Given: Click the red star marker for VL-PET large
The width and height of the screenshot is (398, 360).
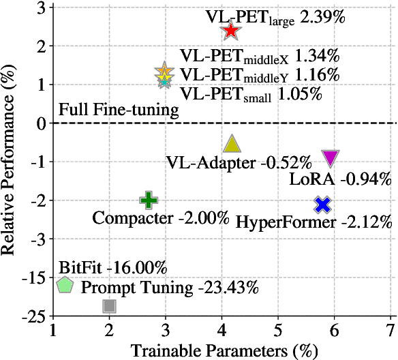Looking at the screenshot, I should pos(231,31).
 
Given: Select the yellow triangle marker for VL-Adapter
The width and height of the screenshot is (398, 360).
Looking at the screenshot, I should pos(233,143).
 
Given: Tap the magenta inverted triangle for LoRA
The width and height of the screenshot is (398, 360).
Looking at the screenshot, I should pos(331,158).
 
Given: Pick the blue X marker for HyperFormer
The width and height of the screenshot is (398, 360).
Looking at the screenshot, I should pos(323,205).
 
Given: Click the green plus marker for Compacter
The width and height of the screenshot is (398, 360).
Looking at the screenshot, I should pos(149,200).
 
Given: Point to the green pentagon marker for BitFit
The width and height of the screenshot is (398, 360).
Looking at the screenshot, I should pos(65,285).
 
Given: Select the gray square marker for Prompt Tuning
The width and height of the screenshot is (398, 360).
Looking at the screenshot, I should pos(109,306).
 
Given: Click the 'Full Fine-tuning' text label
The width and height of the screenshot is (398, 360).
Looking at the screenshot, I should pos(119,110).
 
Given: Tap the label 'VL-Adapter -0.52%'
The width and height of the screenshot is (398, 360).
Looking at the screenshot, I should pos(239,162).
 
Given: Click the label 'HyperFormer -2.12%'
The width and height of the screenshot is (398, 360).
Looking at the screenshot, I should pos(313,222).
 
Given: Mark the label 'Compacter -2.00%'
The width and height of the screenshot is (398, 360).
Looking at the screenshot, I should pos(161,219).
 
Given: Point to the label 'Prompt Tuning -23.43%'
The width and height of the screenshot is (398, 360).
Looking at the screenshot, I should pos(170,287).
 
